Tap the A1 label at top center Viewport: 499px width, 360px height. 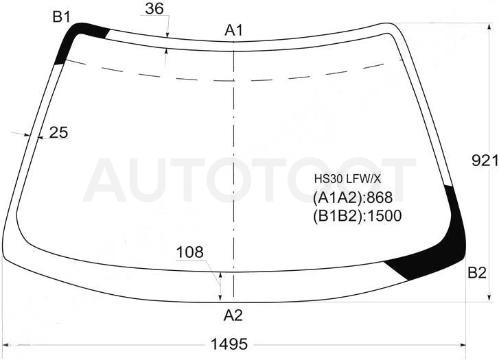point(234,31)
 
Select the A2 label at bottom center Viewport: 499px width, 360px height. point(233,315)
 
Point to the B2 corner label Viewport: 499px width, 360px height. point(477,272)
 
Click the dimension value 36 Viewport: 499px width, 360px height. point(154,9)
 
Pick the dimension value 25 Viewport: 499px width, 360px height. point(59,132)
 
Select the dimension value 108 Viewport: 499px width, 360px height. point(189,252)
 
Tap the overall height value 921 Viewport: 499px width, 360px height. point(485,160)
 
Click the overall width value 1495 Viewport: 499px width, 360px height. point(229,344)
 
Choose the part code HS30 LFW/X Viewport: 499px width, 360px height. point(347,179)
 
